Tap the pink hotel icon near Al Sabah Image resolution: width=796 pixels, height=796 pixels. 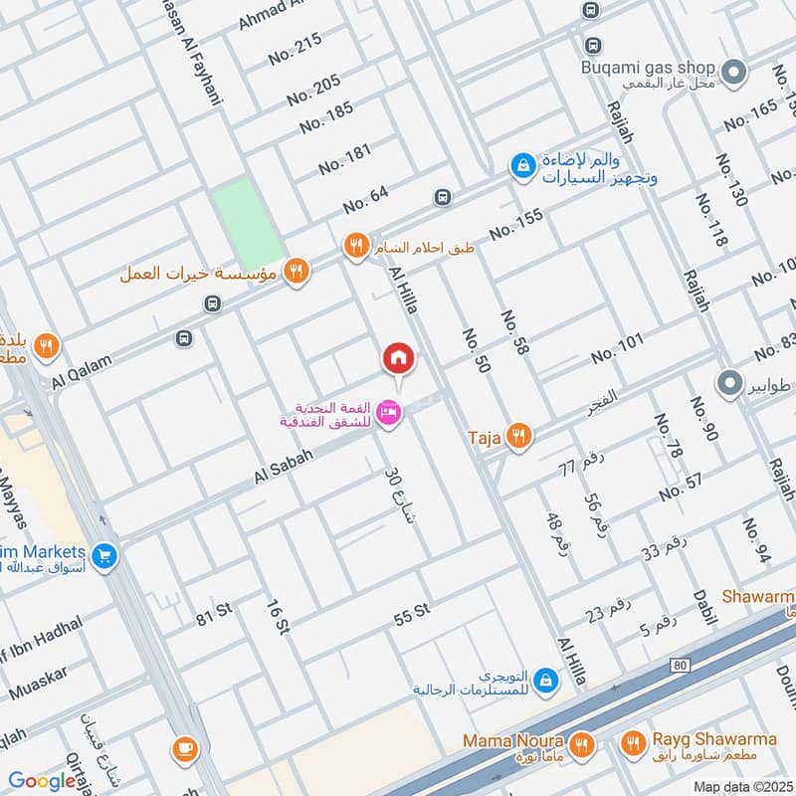tap(389, 411)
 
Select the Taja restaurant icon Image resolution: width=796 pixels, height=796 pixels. tap(516, 435)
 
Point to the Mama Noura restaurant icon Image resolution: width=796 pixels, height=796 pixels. tap(583, 742)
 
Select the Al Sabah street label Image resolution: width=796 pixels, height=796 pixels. tap(284, 465)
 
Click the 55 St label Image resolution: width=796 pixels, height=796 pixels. tap(411, 614)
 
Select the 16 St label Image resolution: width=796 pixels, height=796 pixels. tap(278, 617)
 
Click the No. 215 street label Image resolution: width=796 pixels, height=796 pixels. tap(295, 49)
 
